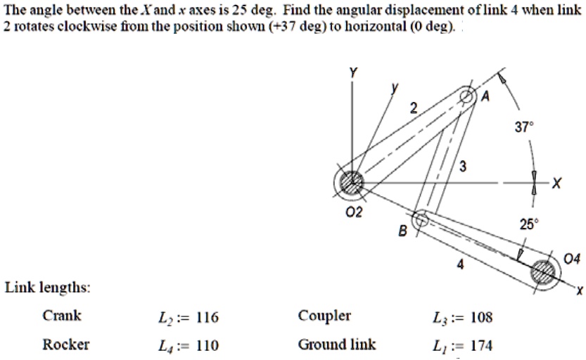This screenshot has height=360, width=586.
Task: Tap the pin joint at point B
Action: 421,219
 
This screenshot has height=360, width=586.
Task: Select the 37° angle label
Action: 525,127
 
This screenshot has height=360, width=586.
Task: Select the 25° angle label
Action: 527,224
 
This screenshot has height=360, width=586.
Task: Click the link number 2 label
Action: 414,108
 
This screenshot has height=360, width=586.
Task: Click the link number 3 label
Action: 461,166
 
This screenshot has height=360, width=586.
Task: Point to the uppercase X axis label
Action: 557,184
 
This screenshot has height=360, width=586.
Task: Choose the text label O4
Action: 573,259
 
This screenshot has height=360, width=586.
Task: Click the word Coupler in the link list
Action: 324,316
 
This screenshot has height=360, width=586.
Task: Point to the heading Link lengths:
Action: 47,288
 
